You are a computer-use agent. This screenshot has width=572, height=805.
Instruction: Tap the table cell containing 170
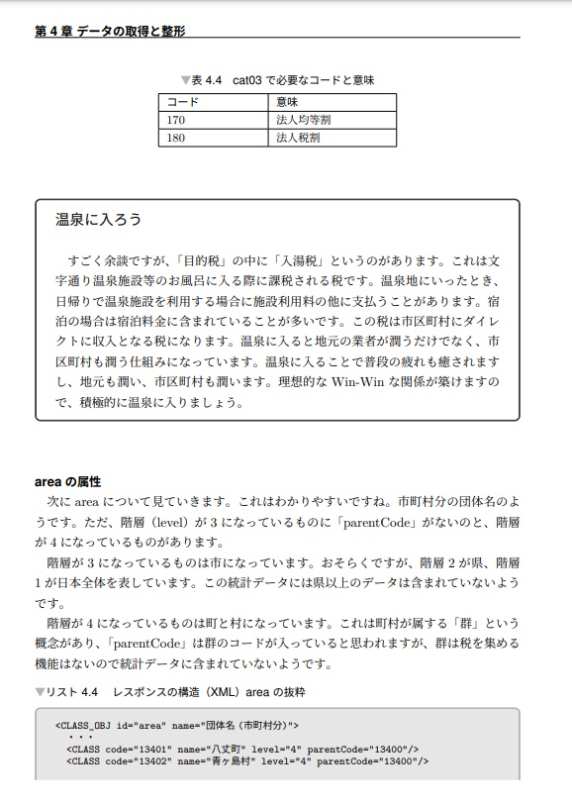176,120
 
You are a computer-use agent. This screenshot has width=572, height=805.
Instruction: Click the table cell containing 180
176,138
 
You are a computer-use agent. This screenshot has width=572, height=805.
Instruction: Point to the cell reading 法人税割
298,138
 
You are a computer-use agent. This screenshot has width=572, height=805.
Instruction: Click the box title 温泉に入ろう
99,219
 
